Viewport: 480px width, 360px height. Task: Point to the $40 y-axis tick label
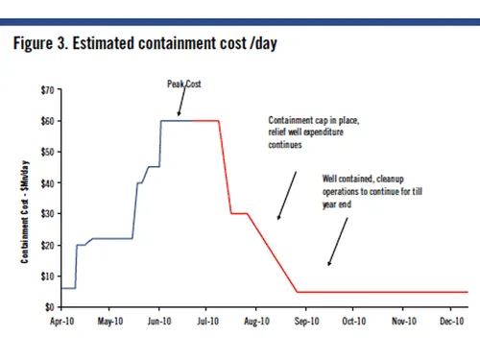45,182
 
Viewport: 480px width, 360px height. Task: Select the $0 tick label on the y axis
47,306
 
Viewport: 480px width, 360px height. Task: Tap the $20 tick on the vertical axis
45,244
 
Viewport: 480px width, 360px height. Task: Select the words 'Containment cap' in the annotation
293,120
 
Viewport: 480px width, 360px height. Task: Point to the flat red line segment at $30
239,213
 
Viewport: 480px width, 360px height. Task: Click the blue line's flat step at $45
153,167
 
